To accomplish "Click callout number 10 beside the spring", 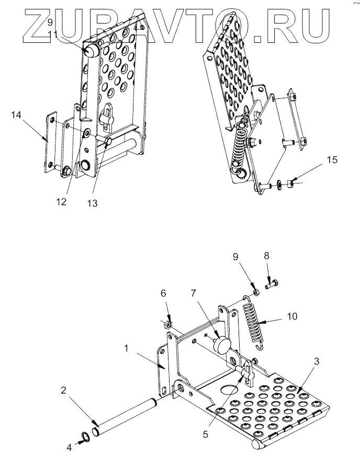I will pyautogui.click(x=291, y=316).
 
